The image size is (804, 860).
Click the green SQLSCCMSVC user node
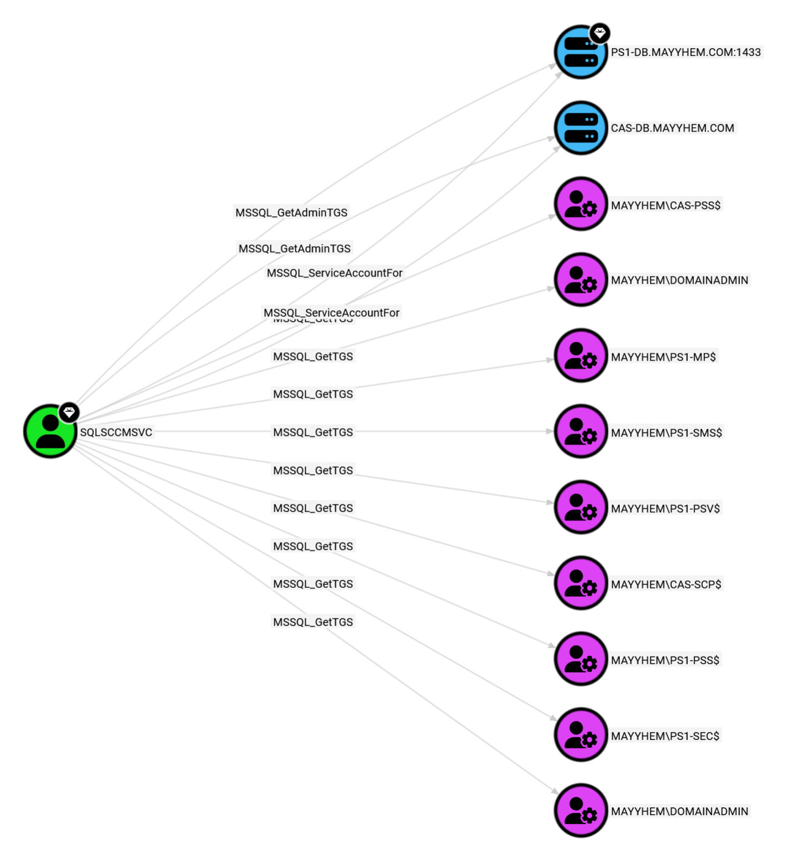(x=50, y=431)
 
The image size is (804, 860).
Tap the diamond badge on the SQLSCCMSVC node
(x=69, y=413)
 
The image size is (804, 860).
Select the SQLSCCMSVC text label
(x=116, y=432)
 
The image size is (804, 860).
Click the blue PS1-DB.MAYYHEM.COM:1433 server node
(x=580, y=53)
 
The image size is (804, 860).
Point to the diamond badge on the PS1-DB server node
(x=599, y=33)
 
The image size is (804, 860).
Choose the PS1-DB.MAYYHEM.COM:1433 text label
(x=686, y=53)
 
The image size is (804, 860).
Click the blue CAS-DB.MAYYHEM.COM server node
(x=581, y=128)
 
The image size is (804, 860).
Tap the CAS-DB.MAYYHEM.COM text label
(x=672, y=128)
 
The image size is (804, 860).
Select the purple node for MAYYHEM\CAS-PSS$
(x=581, y=204)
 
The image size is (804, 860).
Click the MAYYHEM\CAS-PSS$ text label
(x=666, y=206)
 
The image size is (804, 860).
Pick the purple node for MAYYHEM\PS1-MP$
(x=581, y=356)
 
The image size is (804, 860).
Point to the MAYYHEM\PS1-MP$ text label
(x=663, y=357)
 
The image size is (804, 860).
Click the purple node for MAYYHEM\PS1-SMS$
(x=581, y=431)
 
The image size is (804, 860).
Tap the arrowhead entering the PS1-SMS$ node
(x=550, y=431)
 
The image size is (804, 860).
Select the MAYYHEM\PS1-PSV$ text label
(x=665, y=509)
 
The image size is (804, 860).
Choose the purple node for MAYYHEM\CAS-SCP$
(x=581, y=583)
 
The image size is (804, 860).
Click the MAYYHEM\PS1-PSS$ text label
(x=665, y=660)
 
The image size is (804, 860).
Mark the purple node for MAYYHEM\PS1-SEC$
(x=581, y=734)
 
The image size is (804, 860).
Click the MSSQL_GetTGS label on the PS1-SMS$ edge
(x=313, y=432)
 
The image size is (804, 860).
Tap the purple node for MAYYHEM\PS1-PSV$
(x=581, y=507)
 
